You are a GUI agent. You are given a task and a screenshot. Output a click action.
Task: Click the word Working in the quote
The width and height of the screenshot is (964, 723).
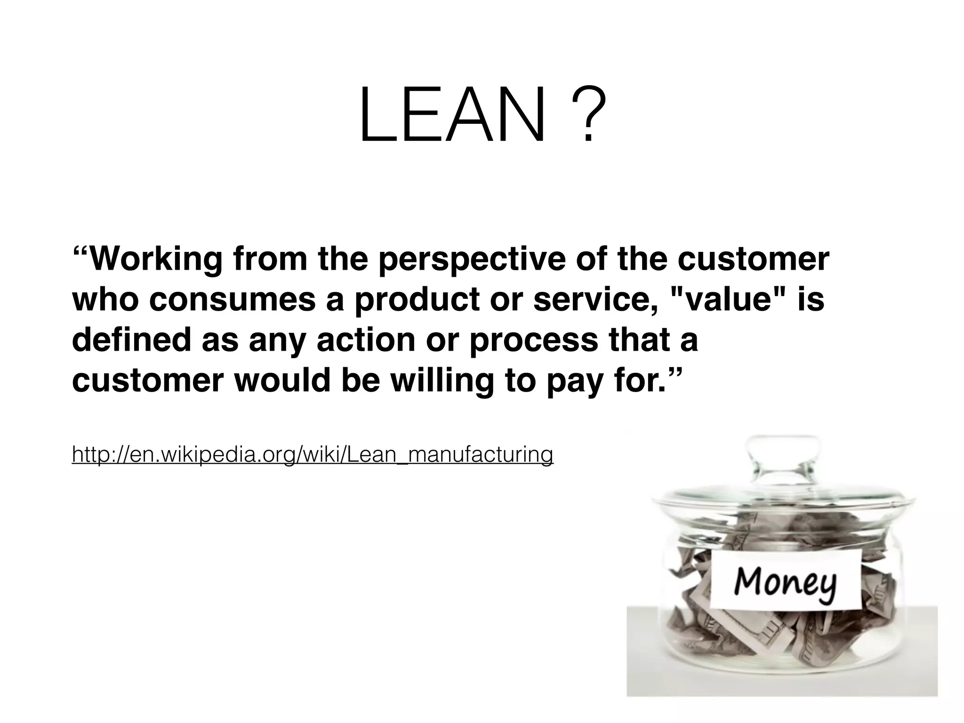coord(155,259)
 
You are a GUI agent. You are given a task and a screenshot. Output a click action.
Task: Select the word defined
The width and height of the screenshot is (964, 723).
coord(131,340)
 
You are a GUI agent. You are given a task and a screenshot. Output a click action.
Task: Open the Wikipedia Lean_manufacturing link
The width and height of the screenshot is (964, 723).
coord(312,454)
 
